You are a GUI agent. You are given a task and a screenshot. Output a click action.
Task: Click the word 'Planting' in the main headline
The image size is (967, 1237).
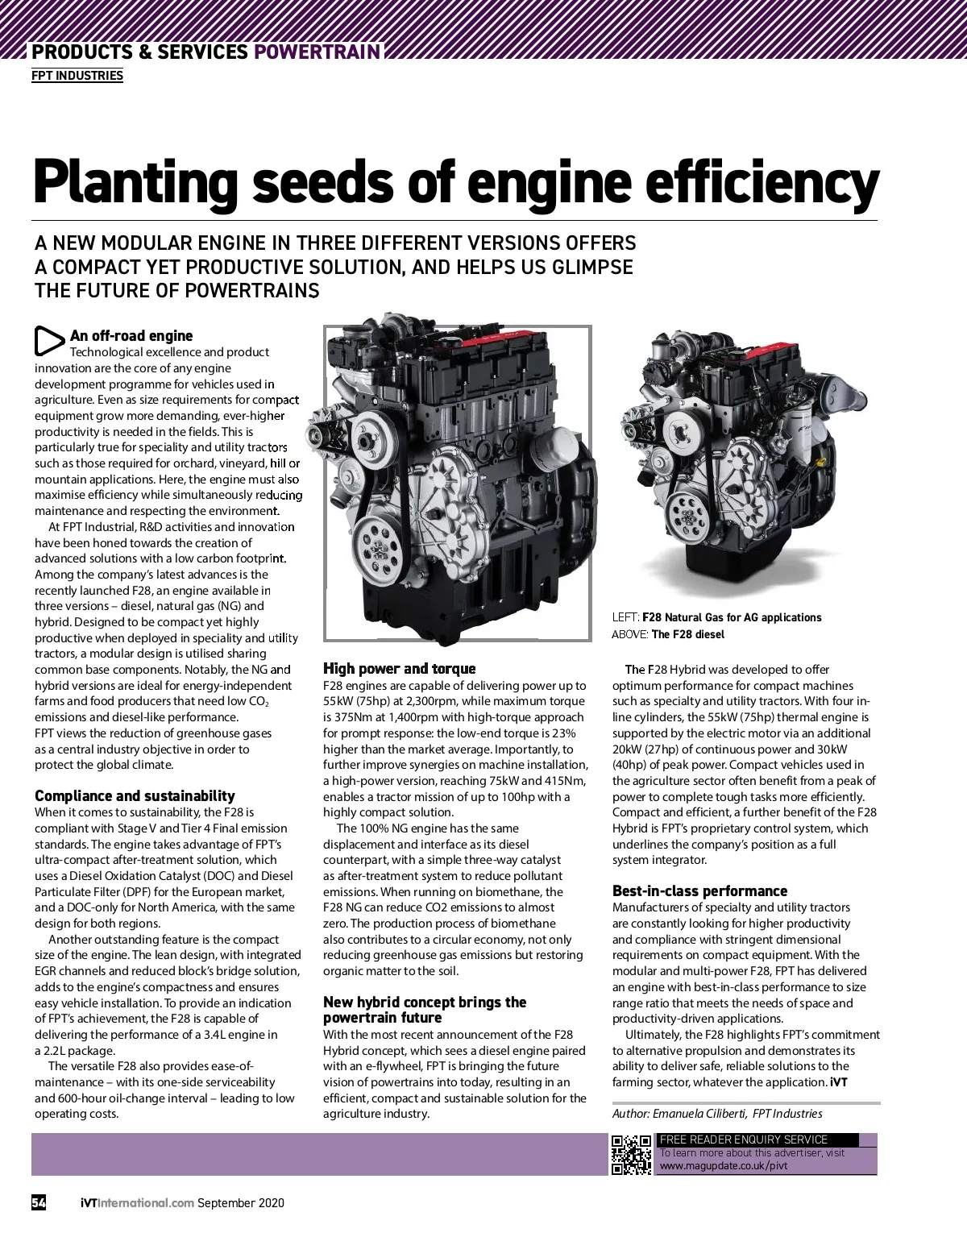tap(135, 184)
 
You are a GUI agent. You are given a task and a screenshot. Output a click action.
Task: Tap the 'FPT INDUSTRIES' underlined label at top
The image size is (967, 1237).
tap(77, 76)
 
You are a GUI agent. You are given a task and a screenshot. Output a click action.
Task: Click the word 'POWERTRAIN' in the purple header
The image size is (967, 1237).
tap(317, 52)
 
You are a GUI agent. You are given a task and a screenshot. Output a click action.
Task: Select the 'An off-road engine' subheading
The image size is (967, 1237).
tap(131, 336)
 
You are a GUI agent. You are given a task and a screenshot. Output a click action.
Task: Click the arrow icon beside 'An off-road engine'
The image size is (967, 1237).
tap(48, 341)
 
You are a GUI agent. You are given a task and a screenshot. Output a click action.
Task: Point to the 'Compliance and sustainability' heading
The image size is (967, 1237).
tap(135, 796)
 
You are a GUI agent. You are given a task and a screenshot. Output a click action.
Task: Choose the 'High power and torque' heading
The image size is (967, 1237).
tap(399, 669)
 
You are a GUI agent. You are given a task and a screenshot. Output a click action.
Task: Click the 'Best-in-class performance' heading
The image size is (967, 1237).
tap(699, 891)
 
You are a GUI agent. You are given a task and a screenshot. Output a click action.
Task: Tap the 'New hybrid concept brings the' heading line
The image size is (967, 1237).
tap(425, 1002)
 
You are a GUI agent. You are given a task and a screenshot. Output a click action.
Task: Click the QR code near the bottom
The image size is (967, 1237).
tap(631, 1155)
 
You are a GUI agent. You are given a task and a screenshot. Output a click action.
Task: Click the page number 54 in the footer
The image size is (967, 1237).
tap(39, 1203)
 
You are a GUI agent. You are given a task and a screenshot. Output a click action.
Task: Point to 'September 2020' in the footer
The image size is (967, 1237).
tap(241, 1203)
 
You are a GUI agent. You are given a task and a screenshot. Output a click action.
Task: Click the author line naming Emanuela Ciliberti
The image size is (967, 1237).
tap(717, 1114)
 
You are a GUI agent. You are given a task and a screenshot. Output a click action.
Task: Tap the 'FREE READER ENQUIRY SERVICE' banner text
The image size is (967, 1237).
tap(743, 1139)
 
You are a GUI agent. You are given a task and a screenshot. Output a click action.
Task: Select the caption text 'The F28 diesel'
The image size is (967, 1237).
tap(687, 634)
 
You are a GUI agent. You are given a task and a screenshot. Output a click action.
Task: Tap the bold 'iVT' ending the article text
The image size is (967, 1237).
tap(838, 1082)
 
